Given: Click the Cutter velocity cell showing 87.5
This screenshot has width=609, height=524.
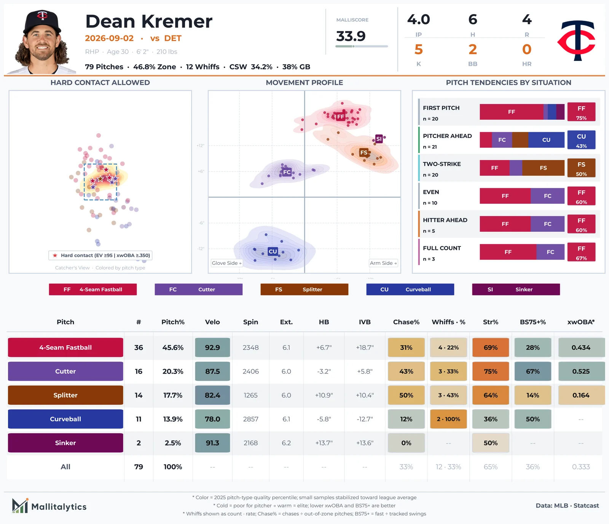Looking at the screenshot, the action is tap(212, 371).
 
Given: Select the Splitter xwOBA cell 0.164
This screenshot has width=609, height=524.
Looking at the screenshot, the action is tap(581, 395).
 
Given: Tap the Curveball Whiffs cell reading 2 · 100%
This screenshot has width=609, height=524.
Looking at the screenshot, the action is tap(448, 419).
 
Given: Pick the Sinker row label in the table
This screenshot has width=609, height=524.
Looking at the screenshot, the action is tap(65, 443).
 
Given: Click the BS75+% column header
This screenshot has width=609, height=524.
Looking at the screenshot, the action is tap(533, 322).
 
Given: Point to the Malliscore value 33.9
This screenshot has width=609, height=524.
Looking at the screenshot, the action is tap(351, 36).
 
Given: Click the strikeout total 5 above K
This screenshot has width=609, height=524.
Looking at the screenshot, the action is tap(419, 50).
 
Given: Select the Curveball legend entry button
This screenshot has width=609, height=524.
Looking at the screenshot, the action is tap(410, 289).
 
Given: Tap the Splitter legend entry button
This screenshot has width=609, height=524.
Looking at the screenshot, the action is tap(304, 289).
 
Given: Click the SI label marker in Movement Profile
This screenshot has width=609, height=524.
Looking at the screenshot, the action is tap(379, 139).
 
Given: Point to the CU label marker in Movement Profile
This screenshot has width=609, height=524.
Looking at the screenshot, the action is tap(273, 252).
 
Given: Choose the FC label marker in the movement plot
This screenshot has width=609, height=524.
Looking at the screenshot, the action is tap(287, 172).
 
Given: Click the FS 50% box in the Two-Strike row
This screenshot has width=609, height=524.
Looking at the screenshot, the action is tap(581, 168).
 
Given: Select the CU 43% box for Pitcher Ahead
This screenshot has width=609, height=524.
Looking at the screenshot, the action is tap(581, 140).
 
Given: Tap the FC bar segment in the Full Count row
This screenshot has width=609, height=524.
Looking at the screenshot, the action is tap(550, 252).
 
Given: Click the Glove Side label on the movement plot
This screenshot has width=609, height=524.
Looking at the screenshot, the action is tap(227, 263).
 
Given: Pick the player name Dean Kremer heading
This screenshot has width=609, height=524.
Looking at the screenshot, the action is tap(149, 21).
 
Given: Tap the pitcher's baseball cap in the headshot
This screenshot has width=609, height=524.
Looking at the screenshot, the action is tap(42, 22).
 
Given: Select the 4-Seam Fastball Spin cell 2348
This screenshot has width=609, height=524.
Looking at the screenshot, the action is tap(250, 348).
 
